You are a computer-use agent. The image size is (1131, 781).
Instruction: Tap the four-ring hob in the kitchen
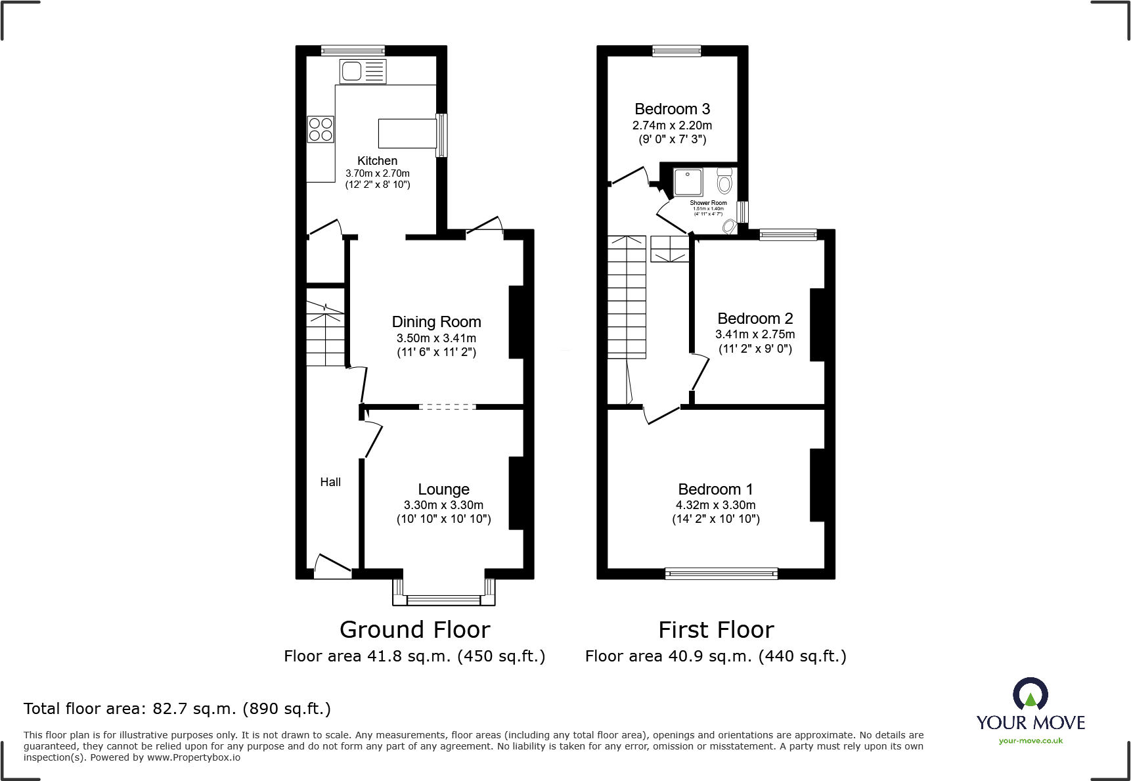tap(321, 129)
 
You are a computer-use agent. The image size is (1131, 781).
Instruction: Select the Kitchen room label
tap(377, 161)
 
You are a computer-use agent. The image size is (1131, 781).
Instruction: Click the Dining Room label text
tap(436, 322)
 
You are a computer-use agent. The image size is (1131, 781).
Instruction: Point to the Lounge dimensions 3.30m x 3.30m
tap(443, 505)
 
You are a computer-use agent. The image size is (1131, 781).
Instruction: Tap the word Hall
tap(330, 482)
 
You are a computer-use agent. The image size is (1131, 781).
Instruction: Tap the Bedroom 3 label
tap(672, 109)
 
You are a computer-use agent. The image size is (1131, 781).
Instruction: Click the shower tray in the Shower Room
tap(688, 182)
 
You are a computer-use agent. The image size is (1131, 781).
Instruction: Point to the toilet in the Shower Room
tap(724, 180)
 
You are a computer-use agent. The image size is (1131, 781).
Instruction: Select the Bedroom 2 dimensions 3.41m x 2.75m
tap(755, 334)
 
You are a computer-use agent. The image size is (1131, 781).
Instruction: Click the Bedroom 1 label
tap(715, 489)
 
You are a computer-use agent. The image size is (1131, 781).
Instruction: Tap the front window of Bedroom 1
tap(721, 573)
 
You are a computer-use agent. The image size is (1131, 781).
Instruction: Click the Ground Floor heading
tap(414, 630)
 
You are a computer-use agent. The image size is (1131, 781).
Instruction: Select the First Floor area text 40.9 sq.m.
tap(715, 656)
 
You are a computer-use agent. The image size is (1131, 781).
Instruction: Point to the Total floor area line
tap(177, 709)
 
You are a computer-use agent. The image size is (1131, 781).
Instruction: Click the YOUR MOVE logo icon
tap(1030, 694)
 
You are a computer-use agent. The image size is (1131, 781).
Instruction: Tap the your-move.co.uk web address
tap(1031, 741)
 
